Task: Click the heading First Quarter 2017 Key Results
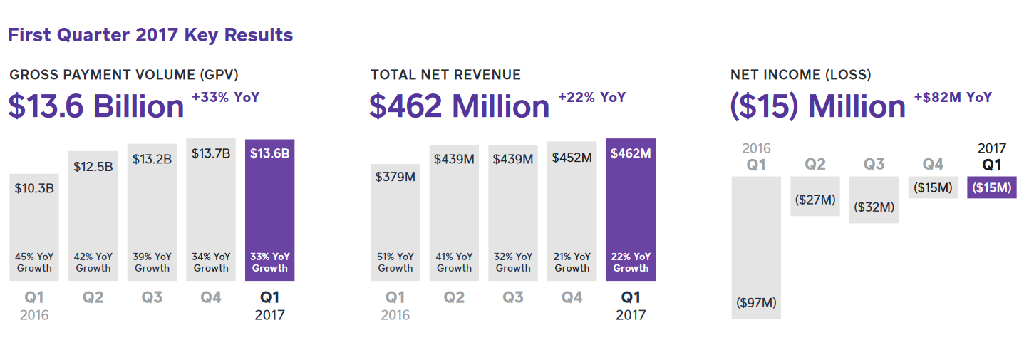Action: pyautogui.click(x=150, y=35)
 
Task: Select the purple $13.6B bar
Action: pyautogui.click(x=269, y=210)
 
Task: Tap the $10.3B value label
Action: pyautogui.click(x=34, y=188)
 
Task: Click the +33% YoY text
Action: pyautogui.click(x=225, y=98)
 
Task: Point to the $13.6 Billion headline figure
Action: pyautogui.click(x=96, y=107)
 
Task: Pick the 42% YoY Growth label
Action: pyautogui.click(x=93, y=262)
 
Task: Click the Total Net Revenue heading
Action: pyautogui.click(x=445, y=75)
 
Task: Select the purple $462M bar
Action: pyautogui.click(x=631, y=210)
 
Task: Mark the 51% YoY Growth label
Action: pyautogui.click(x=395, y=262)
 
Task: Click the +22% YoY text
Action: pyautogui.click(x=591, y=98)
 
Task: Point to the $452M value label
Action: pyautogui.click(x=572, y=158)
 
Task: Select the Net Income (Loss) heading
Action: pyautogui.click(x=800, y=75)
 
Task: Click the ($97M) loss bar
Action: pyautogui.click(x=756, y=246)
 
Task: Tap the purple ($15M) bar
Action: pyautogui.click(x=992, y=187)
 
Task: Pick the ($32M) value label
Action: pyautogui.click(x=874, y=207)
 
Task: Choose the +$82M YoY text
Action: pyautogui.click(x=953, y=98)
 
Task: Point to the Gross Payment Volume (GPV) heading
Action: pyautogui.click(x=124, y=75)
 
